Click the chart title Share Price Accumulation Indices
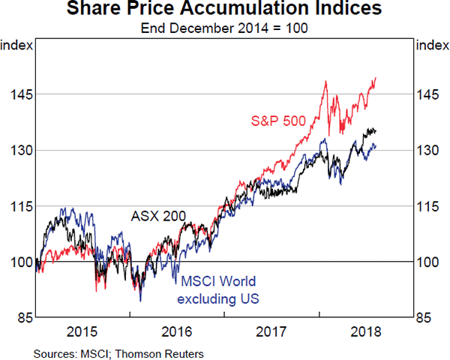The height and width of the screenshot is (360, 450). [x=224, y=10]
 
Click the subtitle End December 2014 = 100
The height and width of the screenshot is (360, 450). [x=224, y=28]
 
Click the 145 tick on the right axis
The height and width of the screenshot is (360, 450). [x=432, y=94]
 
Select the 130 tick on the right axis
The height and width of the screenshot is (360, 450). [x=432, y=150]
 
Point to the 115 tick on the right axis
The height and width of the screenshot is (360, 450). [x=432, y=205]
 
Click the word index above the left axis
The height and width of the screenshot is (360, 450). [x=16, y=46]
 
